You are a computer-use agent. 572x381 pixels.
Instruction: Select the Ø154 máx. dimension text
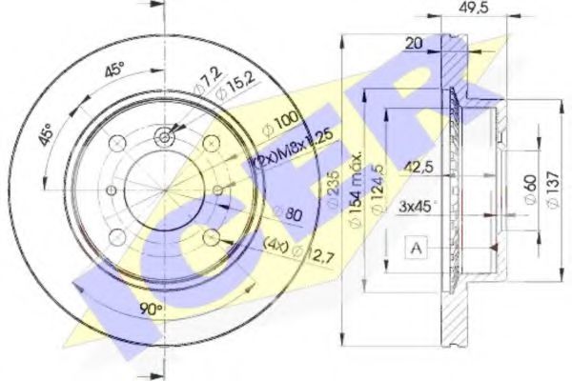pyautogui.click(x=354, y=181)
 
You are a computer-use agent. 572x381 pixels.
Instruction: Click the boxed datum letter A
pyautogui.click(x=415, y=249)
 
